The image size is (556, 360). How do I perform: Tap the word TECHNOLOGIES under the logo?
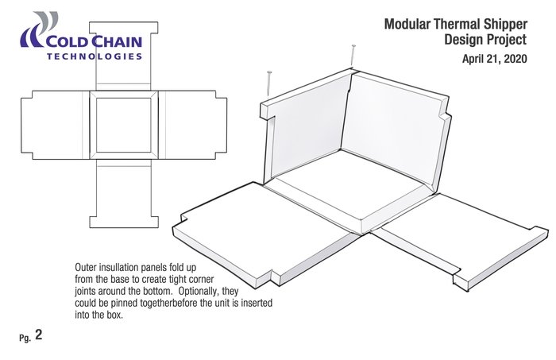tap(95, 57)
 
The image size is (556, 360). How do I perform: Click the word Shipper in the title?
tap(502, 24)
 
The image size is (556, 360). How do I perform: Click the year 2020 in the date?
tap(512, 58)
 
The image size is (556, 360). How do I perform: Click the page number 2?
tap(38, 335)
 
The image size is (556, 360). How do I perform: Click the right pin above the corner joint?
tap(351, 56)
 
